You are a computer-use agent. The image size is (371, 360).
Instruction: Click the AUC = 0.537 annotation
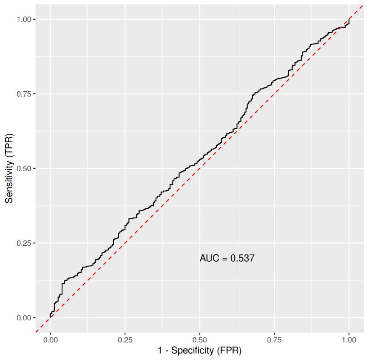(227, 258)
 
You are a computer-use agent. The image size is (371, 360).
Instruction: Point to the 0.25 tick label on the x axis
(125, 340)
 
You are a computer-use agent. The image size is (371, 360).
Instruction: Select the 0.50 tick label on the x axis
(200, 340)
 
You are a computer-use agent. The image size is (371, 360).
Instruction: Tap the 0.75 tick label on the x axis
(274, 340)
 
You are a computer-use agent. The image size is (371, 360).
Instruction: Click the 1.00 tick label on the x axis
(349, 340)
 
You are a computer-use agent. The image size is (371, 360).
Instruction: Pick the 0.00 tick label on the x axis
(51, 340)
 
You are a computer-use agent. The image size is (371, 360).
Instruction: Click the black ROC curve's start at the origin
(51, 317)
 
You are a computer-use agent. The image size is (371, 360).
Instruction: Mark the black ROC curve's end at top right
(349, 19)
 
